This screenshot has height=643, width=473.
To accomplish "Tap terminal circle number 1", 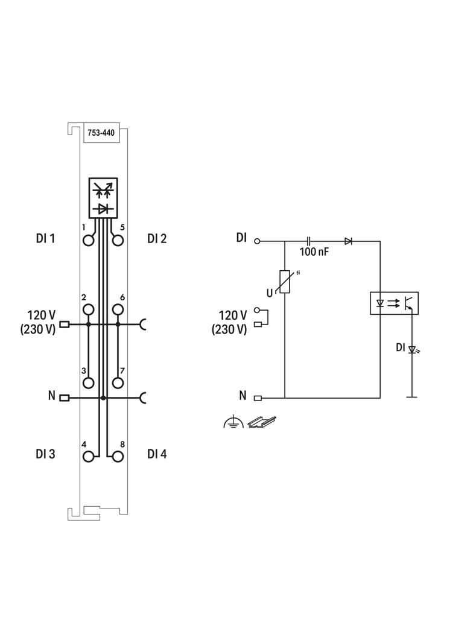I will click(89, 241).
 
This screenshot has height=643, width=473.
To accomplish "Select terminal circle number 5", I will click(118, 241).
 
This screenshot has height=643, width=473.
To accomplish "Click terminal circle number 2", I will click(89, 309).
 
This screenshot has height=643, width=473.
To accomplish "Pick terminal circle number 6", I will click(118, 309).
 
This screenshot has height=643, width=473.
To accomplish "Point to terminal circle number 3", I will click(89, 382).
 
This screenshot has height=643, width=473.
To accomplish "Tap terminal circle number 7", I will click(118, 382).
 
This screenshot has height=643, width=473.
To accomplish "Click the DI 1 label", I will click(45, 238).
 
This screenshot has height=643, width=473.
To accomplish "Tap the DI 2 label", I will click(157, 238).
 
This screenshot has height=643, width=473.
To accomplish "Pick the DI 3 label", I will click(45, 454).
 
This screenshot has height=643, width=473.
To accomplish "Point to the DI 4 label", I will click(157, 454).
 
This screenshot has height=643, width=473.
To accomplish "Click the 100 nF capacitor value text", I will click(314, 252).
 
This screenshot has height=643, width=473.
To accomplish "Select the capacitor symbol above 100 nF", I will click(309, 241).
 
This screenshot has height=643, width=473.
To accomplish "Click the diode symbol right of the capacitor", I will click(348, 241).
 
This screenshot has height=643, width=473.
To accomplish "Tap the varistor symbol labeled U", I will click(284, 282).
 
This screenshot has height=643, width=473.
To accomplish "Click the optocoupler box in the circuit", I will click(393, 303).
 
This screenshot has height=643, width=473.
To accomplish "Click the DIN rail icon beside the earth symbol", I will click(262, 422).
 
